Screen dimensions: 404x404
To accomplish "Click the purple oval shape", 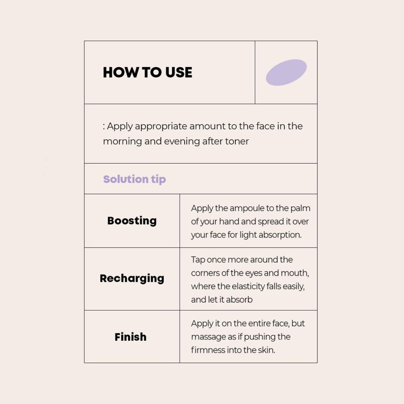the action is (x=286, y=72).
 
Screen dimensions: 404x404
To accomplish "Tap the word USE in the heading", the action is (x=179, y=72).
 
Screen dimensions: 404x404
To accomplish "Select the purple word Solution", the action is (x=126, y=179).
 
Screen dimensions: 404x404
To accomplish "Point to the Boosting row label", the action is (x=132, y=221).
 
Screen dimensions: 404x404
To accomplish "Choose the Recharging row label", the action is (x=132, y=279).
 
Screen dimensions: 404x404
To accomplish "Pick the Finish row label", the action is (x=131, y=337).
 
